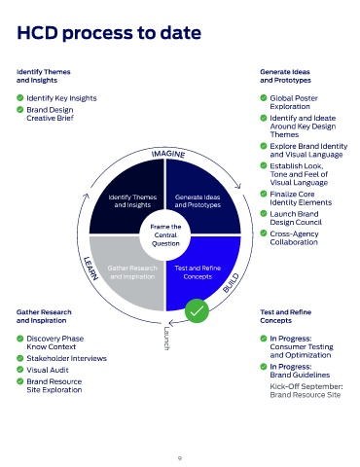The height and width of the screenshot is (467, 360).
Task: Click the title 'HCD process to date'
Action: pyautogui.click(x=109, y=33)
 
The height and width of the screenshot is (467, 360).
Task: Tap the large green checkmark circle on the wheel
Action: pyautogui.click(x=197, y=310)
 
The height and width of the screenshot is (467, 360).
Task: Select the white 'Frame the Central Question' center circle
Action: pyautogui.click(x=165, y=234)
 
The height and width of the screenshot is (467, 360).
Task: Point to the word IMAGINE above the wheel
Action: pyautogui.click(x=168, y=154)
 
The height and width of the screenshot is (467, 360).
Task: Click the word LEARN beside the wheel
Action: pyautogui.click(x=90, y=269)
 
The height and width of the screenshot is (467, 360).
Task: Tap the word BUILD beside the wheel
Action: pyautogui.click(x=231, y=283)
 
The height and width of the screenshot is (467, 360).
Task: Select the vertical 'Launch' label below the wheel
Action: pyautogui.click(x=166, y=339)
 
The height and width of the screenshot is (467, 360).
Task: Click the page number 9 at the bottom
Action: pyautogui.click(x=180, y=458)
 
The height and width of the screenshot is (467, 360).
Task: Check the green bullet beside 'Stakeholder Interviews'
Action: pyautogui.click(x=20, y=358)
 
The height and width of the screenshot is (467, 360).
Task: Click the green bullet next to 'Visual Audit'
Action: pyautogui.click(x=20, y=370)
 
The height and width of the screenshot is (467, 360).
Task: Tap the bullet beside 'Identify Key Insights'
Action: pyautogui.click(x=20, y=97)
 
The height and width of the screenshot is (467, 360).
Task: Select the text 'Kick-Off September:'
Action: pyautogui.click(x=306, y=386)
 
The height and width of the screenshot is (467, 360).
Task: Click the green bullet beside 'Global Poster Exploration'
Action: pyautogui.click(x=264, y=97)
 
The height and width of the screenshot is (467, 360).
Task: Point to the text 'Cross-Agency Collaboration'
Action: pyautogui.click(x=294, y=238)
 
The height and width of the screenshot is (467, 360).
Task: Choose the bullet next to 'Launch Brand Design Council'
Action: pyautogui.click(x=264, y=213)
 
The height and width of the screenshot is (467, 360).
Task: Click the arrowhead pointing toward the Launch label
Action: pyautogui.click(x=172, y=323)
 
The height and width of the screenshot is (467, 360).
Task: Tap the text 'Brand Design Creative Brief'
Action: pyautogui.click(x=50, y=114)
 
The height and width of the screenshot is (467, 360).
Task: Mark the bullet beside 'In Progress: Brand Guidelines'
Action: pyautogui.click(x=264, y=367)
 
